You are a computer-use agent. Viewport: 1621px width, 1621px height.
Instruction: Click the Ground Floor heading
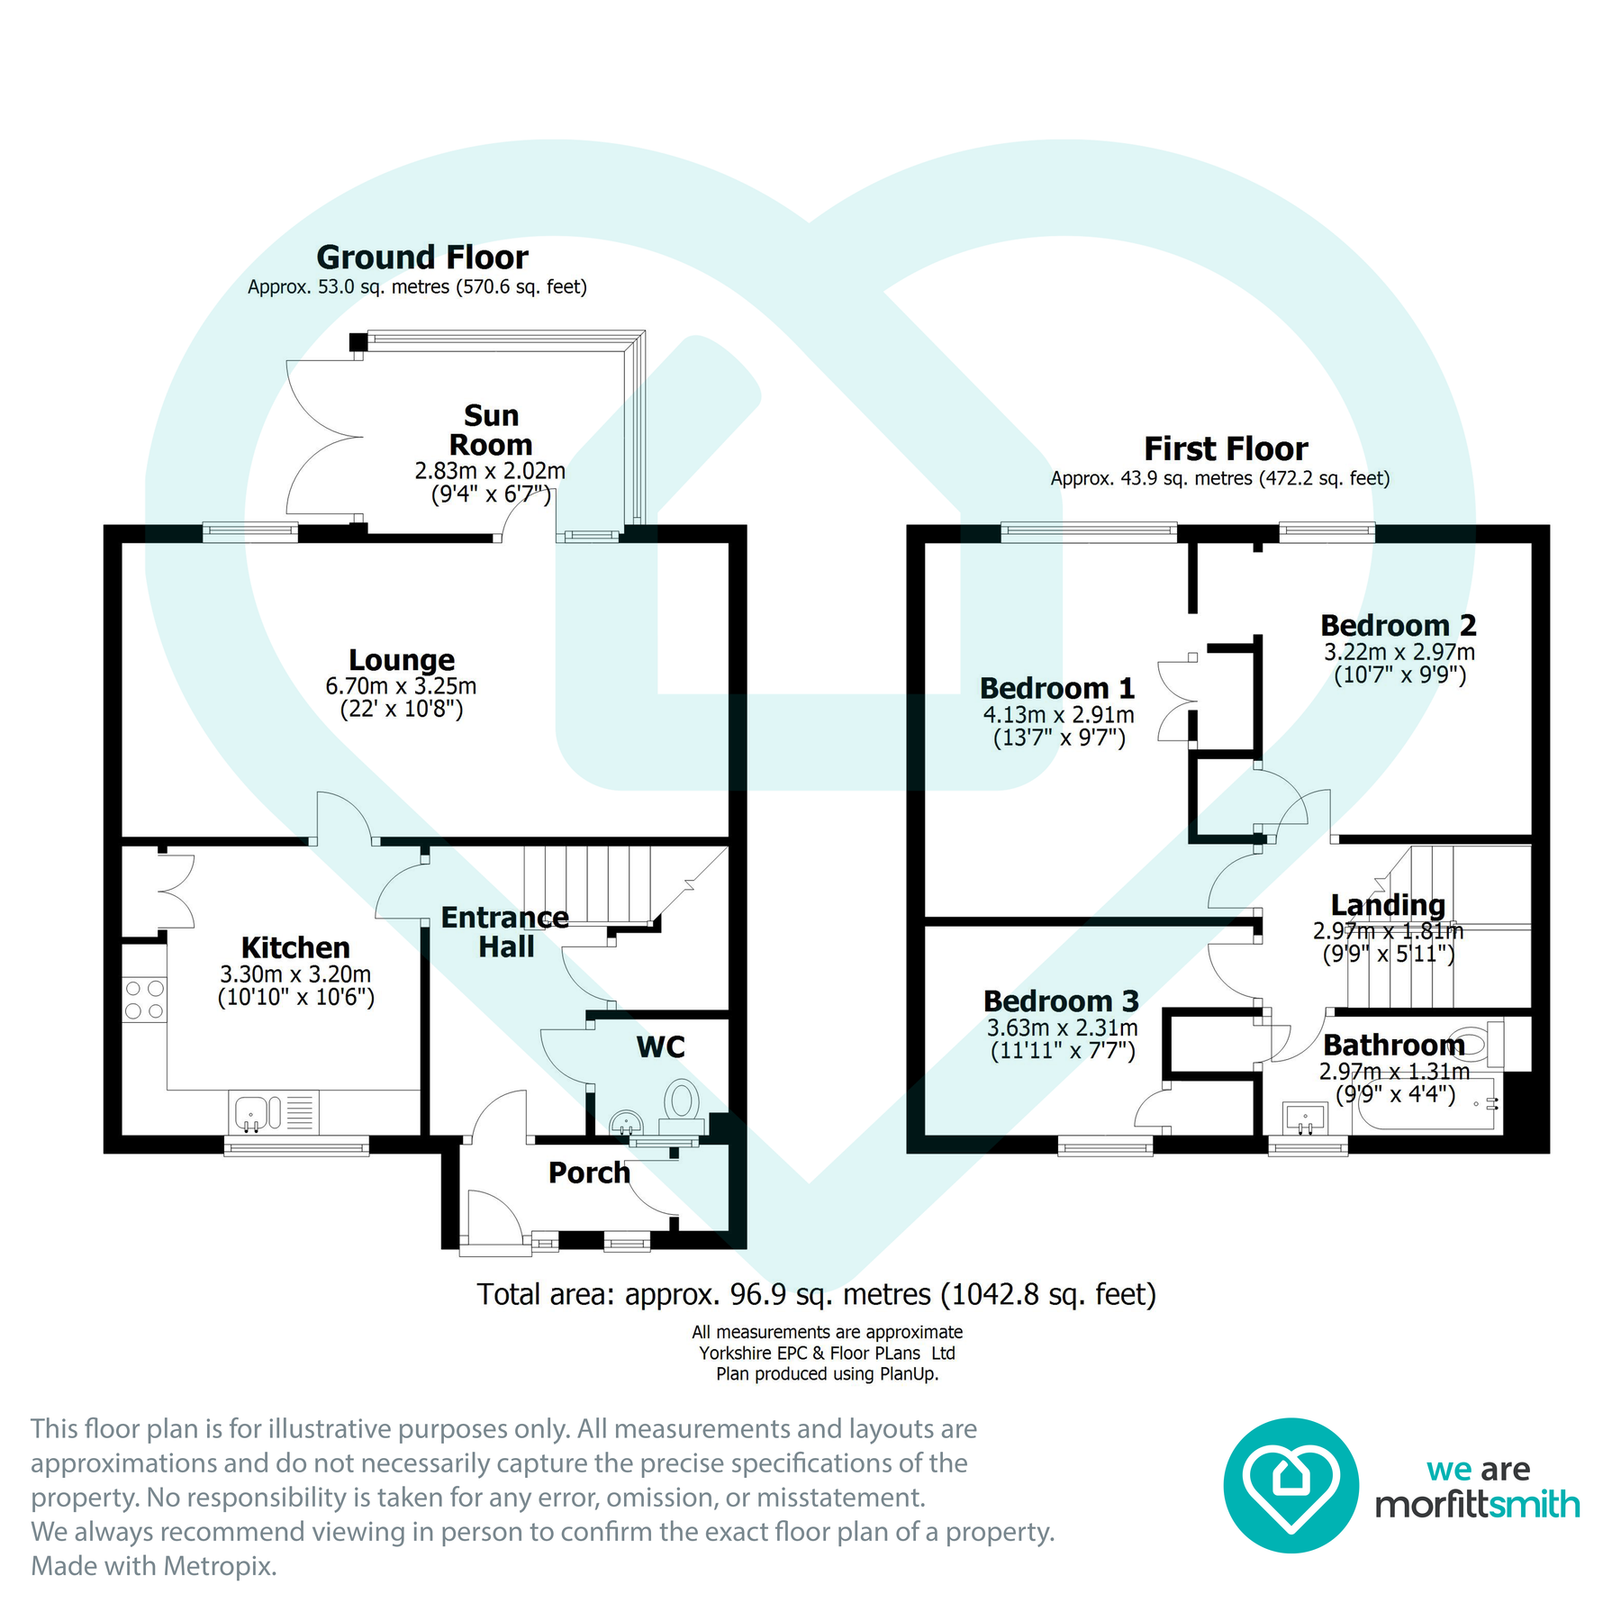tap(421, 258)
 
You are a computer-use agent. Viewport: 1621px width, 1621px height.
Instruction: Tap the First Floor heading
tap(1226, 448)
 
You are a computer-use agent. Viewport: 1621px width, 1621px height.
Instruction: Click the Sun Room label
tap(491, 430)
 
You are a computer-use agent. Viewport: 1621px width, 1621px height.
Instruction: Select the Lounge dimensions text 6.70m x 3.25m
tap(401, 686)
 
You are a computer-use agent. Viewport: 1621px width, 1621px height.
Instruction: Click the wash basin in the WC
tap(626, 1122)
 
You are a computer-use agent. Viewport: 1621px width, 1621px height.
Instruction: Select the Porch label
tap(589, 1173)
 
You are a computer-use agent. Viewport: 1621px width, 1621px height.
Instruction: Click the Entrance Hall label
tap(505, 932)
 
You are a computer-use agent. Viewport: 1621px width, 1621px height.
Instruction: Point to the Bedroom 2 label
tap(1398, 625)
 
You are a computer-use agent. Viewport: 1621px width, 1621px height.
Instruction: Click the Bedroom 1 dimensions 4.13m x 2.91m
tap(1058, 715)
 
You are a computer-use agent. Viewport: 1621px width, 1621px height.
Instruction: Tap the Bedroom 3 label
tap(1061, 1001)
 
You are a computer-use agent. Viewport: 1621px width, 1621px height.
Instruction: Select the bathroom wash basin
tap(1305, 1118)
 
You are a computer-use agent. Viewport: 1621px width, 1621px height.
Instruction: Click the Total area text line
tap(816, 1294)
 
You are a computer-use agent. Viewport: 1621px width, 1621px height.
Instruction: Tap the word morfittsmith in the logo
tap(1477, 1504)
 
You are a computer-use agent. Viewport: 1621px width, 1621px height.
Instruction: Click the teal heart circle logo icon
tap(1290, 1485)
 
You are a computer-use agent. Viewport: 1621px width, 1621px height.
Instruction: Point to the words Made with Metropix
tap(154, 1566)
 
